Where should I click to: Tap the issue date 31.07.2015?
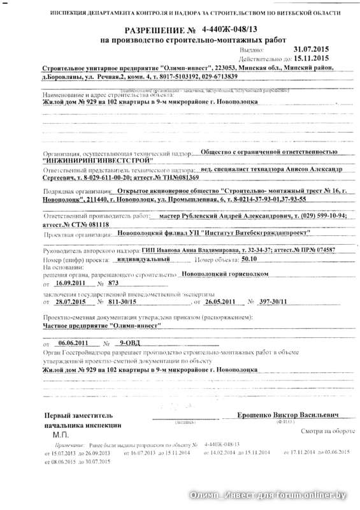[x=311, y=49]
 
